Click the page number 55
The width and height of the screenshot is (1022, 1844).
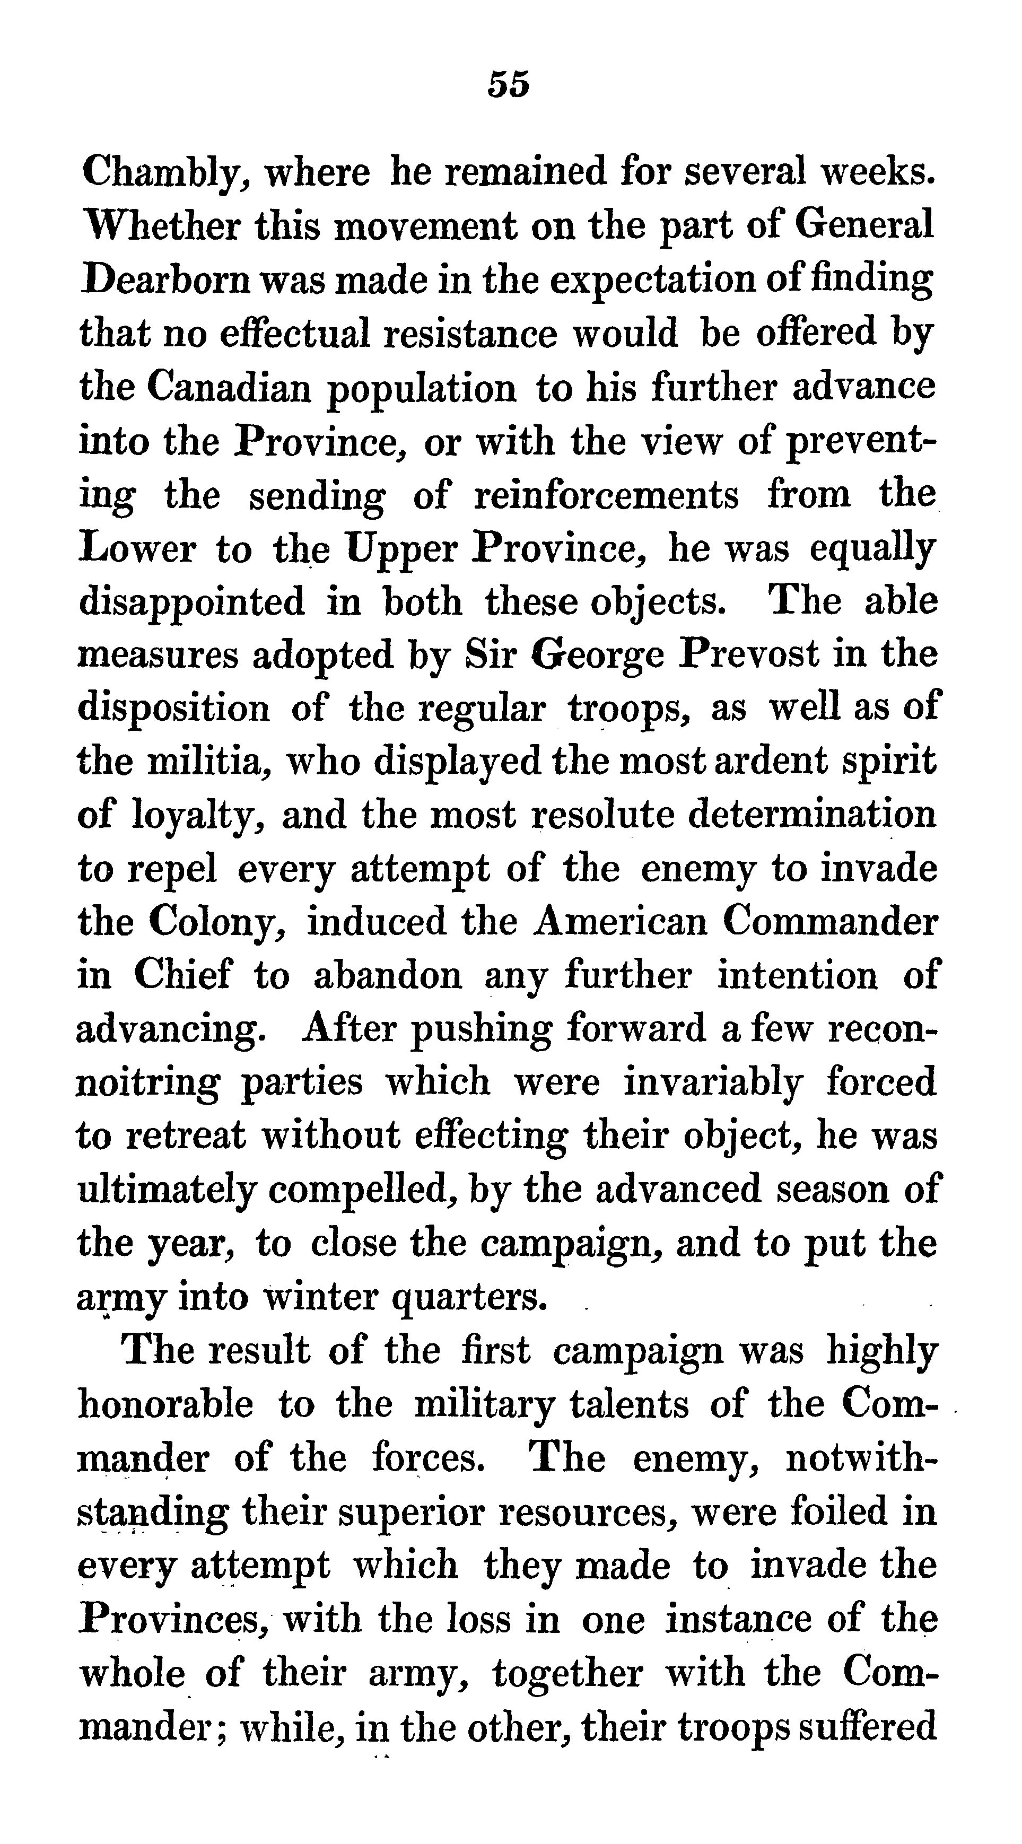click(509, 84)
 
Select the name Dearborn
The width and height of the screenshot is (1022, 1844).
click(166, 280)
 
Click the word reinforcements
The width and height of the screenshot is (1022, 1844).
click(606, 495)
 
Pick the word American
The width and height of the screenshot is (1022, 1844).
click(621, 921)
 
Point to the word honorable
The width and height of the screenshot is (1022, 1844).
click(165, 1404)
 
